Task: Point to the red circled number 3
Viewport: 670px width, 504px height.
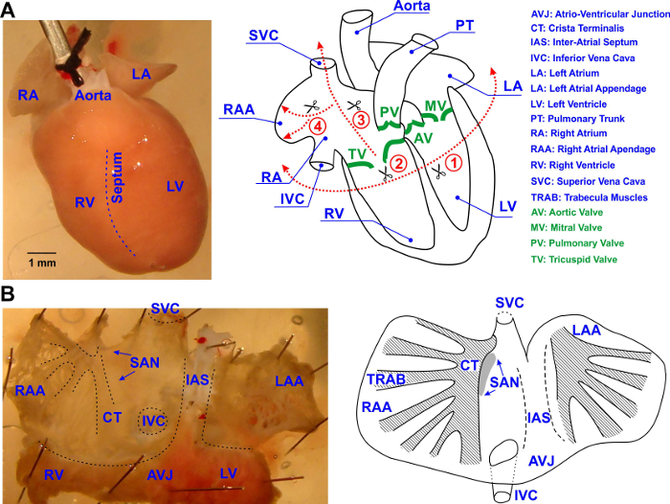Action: (360, 120)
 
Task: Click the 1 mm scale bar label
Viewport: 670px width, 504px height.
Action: (40, 261)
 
